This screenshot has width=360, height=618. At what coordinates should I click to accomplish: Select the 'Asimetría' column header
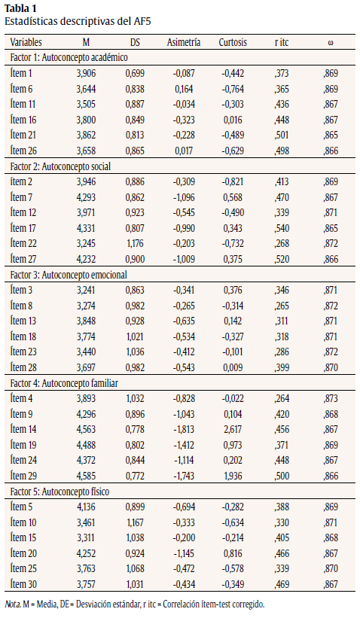tap(183, 42)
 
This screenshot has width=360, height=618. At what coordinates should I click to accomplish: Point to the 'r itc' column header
tap(282, 42)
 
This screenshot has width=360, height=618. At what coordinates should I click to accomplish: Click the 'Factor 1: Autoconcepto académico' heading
tap(69, 57)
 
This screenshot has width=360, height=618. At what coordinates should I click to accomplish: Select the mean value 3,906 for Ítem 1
tap(87, 72)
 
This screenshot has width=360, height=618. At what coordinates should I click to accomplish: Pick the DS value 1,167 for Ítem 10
tap(135, 522)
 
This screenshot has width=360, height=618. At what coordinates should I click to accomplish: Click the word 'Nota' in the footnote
tap(13, 604)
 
